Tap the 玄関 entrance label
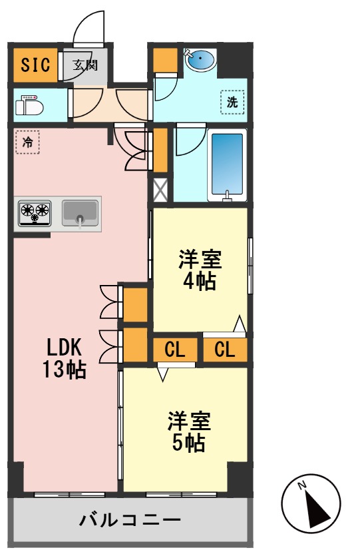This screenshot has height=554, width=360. (x=85, y=65)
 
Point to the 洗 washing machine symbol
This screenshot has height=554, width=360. (x=232, y=103)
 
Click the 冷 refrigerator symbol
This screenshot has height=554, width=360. (x=27, y=142)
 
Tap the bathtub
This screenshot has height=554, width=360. (x=227, y=164)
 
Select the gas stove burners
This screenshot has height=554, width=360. (x=35, y=212)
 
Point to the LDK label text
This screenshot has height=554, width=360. (x=64, y=347)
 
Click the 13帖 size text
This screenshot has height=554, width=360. (x=64, y=370)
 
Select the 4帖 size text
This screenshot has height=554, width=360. (x=199, y=281)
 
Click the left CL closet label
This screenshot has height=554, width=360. (x=174, y=350)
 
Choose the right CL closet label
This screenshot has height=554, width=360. (x=225, y=350)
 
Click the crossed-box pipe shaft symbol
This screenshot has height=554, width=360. (x=160, y=190)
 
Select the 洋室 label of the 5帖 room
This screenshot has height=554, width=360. (x=189, y=421)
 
